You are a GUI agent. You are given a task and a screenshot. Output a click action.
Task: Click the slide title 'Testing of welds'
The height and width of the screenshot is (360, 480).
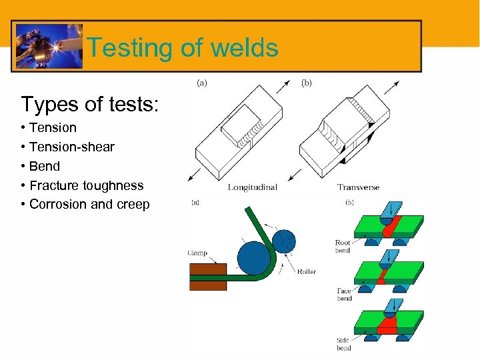182,48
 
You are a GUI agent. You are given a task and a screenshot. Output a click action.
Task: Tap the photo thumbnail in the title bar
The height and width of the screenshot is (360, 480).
49,46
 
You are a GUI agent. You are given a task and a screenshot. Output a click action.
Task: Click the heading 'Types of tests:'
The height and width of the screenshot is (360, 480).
89,104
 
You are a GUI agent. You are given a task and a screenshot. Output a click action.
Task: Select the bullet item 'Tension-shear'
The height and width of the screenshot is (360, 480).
71,147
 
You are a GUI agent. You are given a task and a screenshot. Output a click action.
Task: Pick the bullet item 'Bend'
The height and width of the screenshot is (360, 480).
44,166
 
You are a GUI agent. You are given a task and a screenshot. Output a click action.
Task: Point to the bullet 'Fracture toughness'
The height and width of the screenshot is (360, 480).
86,185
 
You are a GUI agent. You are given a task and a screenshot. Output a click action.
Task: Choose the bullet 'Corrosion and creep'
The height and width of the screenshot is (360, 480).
89,204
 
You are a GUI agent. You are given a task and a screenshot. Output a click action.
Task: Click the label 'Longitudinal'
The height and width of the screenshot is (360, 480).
253,187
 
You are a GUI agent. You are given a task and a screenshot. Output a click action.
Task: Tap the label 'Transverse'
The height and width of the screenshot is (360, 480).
358,187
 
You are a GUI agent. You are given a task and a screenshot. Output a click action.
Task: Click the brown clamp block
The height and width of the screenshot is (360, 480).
207,276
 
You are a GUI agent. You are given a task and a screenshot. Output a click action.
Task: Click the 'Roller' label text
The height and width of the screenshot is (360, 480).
307,271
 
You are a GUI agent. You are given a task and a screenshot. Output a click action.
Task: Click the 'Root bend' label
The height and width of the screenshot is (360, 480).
343,247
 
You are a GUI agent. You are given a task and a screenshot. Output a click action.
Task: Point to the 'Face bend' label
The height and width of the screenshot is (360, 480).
344,295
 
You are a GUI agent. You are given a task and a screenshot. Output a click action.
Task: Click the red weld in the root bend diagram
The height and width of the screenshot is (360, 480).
388,225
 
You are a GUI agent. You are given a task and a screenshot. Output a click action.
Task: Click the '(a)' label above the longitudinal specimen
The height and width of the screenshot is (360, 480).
202,83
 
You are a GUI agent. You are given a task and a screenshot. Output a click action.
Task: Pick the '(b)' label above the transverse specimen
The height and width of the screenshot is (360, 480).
307,83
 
